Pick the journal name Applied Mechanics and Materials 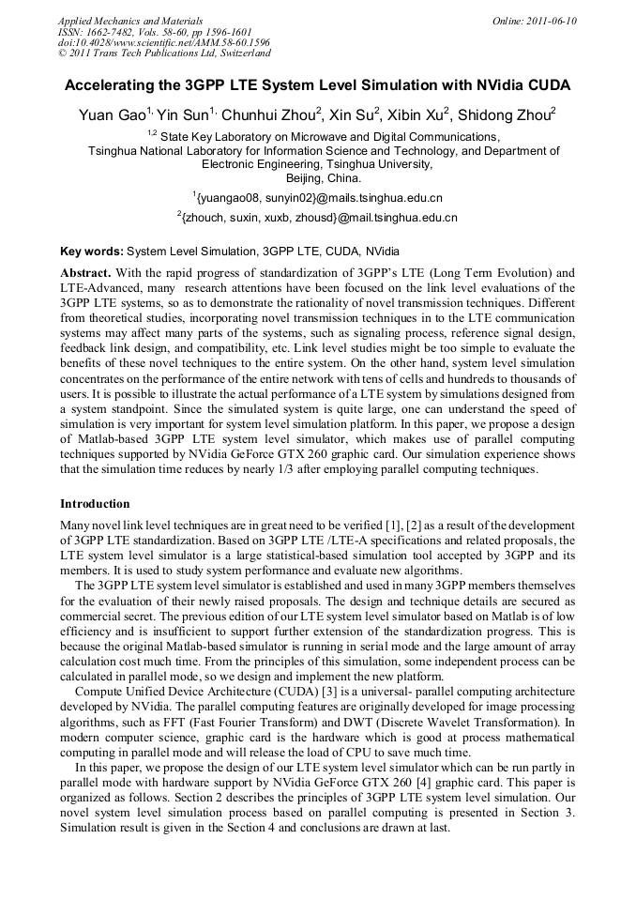[130, 20]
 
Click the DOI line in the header [164, 42]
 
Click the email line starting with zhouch [318, 218]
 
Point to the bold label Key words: [92, 252]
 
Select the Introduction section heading [95, 504]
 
